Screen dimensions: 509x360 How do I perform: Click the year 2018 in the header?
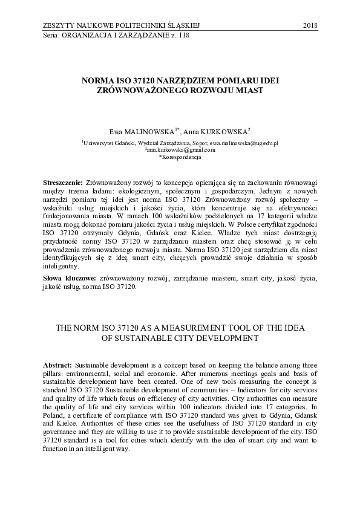[309, 25]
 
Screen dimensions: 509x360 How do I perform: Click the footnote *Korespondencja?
[179, 157]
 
